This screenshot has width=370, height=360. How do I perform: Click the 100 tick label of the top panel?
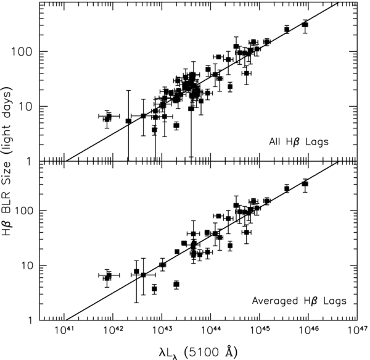point(27,51)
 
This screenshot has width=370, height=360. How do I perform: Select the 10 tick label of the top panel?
point(29,106)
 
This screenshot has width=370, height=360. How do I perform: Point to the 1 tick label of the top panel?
point(31,161)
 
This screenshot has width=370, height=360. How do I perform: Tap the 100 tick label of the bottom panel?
point(27,211)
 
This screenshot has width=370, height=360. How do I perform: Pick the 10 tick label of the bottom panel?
point(29,266)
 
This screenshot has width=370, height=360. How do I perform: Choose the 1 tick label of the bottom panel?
point(31,320)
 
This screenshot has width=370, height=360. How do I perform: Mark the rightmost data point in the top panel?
point(305,25)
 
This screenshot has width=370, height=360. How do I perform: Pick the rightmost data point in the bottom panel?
point(305,184)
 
